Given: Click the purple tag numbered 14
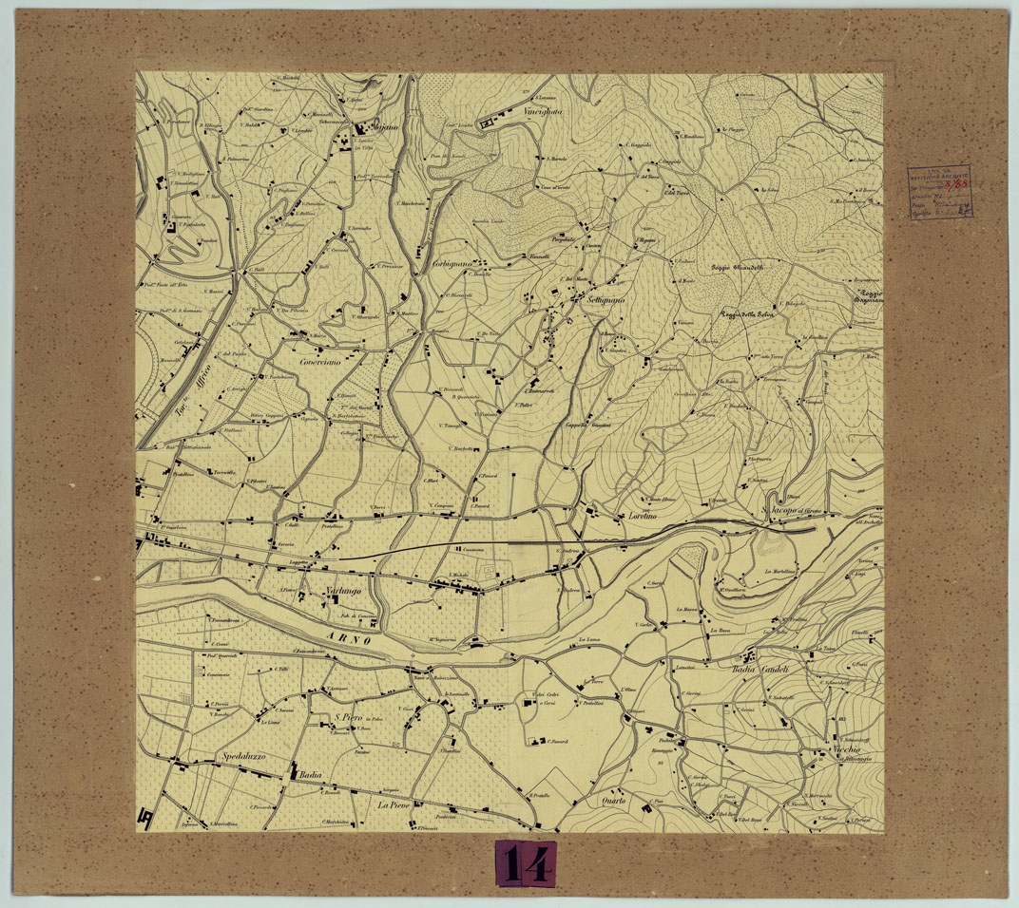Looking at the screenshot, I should (526, 863).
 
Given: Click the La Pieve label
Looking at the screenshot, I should (399, 804).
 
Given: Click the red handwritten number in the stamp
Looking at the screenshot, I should (959, 183).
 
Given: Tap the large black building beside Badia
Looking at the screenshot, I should (293, 772).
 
